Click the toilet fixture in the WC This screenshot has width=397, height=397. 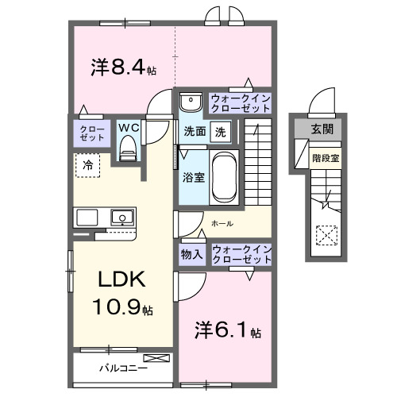[x=127, y=148]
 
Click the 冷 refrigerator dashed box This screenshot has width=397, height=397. [x=87, y=165]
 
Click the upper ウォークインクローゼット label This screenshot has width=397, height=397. [x=241, y=102]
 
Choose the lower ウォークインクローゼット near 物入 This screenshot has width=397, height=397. [x=241, y=255]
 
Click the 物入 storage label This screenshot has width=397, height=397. [x=191, y=255]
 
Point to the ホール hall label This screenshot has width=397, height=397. [x=222, y=224]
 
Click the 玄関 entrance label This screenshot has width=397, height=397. [x=322, y=129]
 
